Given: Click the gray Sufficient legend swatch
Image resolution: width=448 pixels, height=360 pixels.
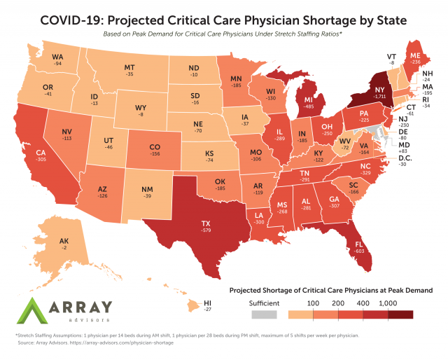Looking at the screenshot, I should coord(265,316).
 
